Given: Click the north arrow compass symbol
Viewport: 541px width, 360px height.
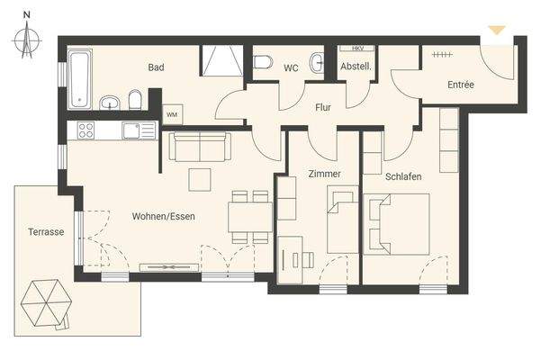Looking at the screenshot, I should (x=28, y=38).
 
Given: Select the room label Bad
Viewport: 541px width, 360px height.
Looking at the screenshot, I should (x=156, y=67).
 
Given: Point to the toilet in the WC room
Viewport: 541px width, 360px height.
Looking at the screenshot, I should (x=263, y=62).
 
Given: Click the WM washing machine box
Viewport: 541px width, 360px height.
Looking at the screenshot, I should (x=172, y=114).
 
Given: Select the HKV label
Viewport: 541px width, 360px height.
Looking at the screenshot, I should (x=356, y=49).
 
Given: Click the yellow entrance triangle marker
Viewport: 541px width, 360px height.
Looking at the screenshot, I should (x=496, y=31).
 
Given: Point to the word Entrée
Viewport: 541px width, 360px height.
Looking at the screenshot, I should (x=460, y=85).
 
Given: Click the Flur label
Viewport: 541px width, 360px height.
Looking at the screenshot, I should (x=323, y=107).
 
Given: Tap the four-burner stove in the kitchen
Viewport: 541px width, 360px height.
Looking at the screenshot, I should (x=86, y=130).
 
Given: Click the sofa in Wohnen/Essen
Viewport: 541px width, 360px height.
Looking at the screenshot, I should (x=200, y=146).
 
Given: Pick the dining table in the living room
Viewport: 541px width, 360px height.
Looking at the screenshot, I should (x=249, y=217).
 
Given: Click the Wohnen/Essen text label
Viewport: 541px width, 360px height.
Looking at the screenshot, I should (x=163, y=216).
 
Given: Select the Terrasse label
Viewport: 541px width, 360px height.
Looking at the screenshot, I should (x=45, y=231).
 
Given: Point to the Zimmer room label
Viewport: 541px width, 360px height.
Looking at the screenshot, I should (x=323, y=174).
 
